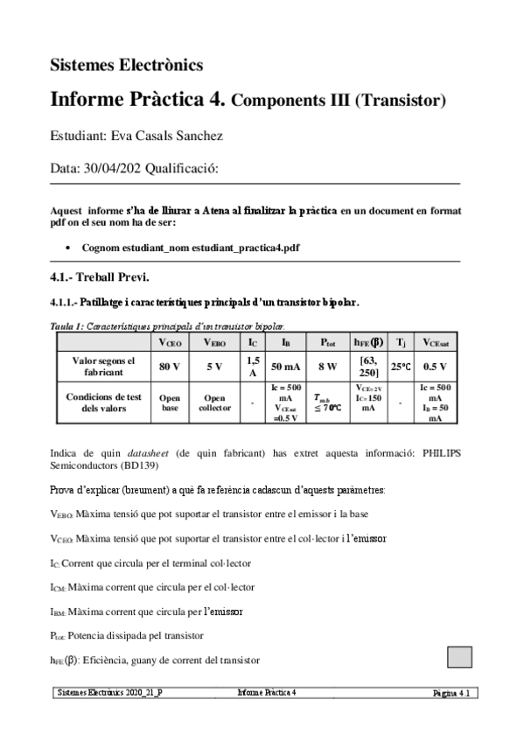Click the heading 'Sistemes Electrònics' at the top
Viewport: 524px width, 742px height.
127,64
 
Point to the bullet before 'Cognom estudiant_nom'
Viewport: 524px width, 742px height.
69,248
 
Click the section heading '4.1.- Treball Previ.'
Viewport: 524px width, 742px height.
100,278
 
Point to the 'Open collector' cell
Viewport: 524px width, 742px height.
214,402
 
